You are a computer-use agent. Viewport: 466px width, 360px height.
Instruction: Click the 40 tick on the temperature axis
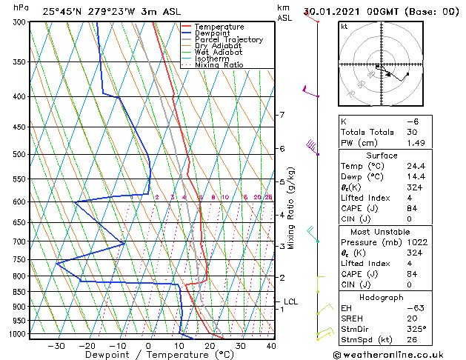[x=271, y=345]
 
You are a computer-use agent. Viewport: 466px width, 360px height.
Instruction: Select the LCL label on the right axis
[x=290, y=301]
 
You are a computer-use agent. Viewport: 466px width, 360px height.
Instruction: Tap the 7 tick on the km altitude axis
[x=282, y=115]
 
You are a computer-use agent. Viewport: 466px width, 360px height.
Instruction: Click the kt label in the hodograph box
[x=344, y=26]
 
